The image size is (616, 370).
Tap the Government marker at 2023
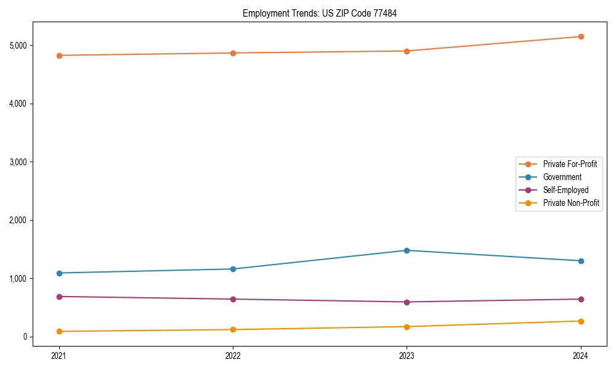click(x=407, y=250)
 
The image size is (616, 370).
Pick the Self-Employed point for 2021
click(x=59, y=297)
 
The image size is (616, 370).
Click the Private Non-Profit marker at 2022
click(x=233, y=329)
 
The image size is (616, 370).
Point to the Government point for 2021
click(x=59, y=273)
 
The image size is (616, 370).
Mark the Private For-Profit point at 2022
click(x=233, y=53)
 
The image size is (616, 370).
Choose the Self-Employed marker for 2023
click(x=407, y=302)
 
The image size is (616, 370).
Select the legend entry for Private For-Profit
click(x=569, y=164)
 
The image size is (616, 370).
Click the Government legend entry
click(x=562, y=177)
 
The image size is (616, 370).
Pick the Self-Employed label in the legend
click(x=565, y=190)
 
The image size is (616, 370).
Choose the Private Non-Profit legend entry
click(x=571, y=203)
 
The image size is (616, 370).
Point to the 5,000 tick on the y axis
click(x=17, y=46)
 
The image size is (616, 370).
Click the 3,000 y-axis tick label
click(x=17, y=162)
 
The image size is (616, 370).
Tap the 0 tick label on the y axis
click(x=25, y=337)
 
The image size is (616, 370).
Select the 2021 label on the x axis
click(x=59, y=355)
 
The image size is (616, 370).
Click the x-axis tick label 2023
click(x=407, y=355)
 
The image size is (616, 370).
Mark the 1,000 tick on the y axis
click(x=17, y=279)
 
